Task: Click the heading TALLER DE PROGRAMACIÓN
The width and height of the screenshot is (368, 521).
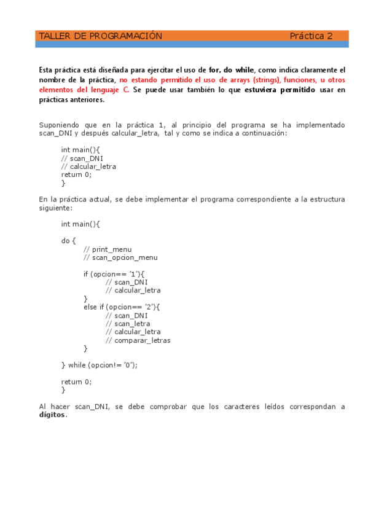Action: [100, 36]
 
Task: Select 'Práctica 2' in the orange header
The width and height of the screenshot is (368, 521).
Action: [311, 36]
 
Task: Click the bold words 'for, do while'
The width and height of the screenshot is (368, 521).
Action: [231, 71]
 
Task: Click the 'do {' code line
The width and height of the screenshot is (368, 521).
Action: [69, 240]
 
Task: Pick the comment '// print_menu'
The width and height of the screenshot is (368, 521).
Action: [107, 249]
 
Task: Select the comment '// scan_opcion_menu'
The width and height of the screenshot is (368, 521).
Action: [120, 258]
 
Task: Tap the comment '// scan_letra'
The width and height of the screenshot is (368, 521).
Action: [128, 324]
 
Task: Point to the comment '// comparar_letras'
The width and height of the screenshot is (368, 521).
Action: [138, 340]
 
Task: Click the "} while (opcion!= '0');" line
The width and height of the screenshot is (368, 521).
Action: [100, 365]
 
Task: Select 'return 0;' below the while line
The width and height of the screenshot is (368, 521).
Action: [76, 382]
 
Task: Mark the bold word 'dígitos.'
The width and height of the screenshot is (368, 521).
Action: [52, 415]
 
